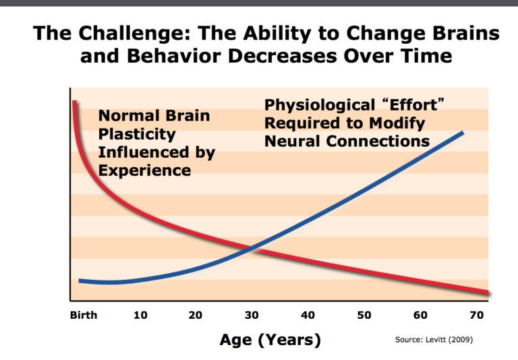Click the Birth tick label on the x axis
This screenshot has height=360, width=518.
[x=84, y=315]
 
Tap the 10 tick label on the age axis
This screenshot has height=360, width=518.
[x=141, y=315]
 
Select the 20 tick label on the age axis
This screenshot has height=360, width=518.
[x=196, y=315]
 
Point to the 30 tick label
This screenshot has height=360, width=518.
[x=252, y=315]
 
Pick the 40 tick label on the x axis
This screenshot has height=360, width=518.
[x=308, y=315]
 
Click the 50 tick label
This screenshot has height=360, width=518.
[x=364, y=315]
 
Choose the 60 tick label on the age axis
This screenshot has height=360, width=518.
[x=420, y=315]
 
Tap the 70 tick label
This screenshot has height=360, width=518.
[x=476, y=315]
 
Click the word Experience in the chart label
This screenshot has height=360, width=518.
[x=144, y=170]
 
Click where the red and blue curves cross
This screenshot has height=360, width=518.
[x=250, y=249]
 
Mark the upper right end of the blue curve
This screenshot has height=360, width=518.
[x=462, y=132]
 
